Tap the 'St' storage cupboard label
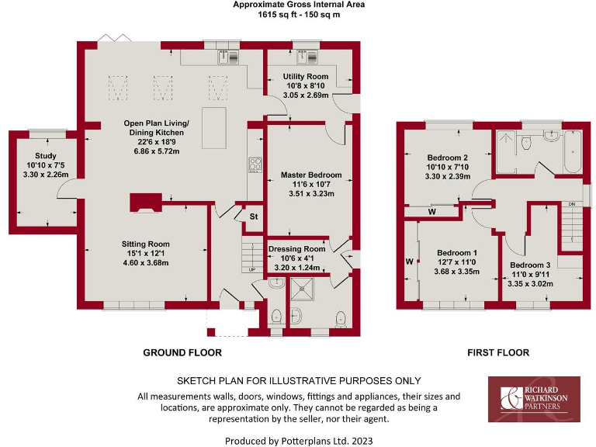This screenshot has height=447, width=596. tap(253, 217)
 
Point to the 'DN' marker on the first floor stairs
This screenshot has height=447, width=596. tap(573, 204)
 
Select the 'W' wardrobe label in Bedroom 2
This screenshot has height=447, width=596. tap(431, 211)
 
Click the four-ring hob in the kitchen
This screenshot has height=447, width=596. tap(255, 164)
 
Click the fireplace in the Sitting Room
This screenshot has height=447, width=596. tap(144, 202)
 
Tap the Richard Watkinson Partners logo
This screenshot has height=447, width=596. tap(533, 399)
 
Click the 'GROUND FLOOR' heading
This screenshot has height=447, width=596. tap(182, 352)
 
